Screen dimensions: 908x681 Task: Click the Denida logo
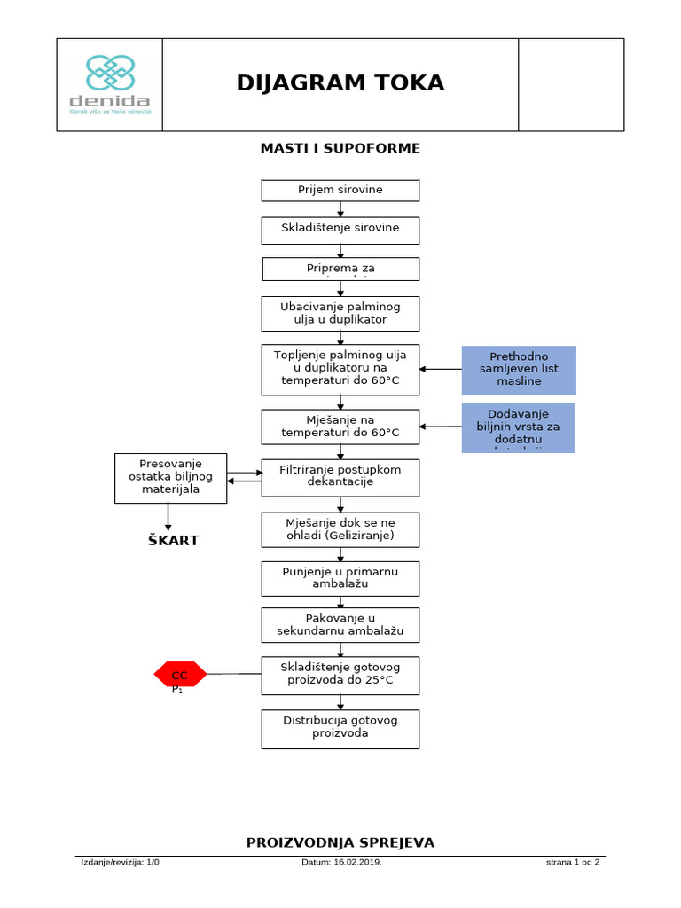110,84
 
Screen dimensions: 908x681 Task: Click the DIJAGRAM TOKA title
340,83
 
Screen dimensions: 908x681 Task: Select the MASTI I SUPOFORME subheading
340,148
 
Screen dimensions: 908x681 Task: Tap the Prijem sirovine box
340,191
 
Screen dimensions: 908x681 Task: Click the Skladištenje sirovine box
340,230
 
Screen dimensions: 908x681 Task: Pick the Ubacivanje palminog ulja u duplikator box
340,313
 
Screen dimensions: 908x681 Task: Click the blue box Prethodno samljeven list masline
519,370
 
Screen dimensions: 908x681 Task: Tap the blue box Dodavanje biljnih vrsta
518,427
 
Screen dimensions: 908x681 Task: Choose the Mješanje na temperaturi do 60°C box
340,427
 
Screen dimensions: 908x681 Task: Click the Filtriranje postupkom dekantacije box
340,477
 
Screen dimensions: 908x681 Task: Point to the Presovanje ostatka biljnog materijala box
171,478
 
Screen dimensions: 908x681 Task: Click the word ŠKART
173,541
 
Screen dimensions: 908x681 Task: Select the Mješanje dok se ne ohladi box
340,529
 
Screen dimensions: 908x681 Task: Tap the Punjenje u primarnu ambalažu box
340,578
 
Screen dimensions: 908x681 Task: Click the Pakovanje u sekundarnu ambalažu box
340,624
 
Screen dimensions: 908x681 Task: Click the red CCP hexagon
180,675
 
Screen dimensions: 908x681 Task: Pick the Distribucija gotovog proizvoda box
340,728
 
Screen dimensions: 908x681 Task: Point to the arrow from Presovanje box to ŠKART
168,517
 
